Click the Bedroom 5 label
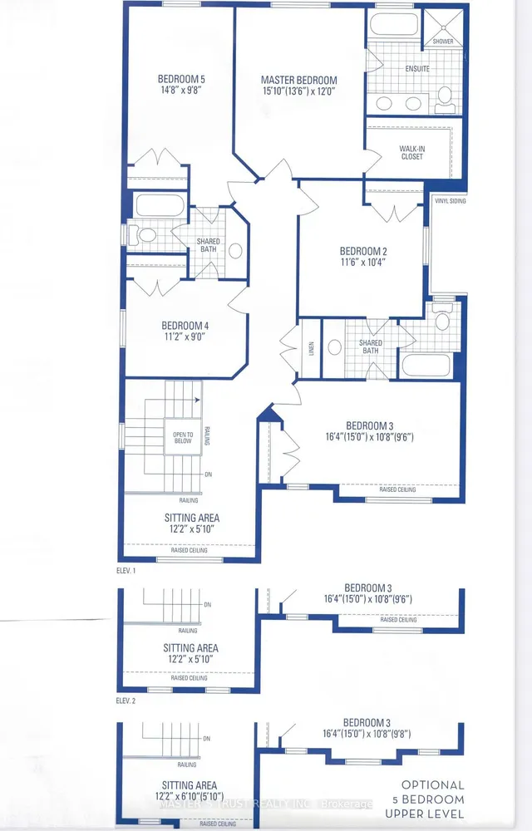(x=181, y=80)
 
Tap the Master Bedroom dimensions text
(x=299, y=92)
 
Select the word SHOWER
(x=443, y=41)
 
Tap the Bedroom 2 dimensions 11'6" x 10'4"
(x=362, y=262)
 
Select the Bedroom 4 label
(x=184, y=325)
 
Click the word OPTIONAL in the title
(x=433, y=784)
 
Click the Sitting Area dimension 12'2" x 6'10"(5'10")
(x=190, y=797)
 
